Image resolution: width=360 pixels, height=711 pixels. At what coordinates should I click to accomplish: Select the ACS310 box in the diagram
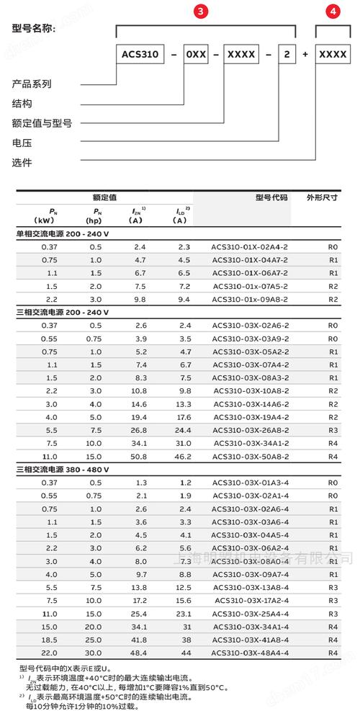click(x=139, y=54)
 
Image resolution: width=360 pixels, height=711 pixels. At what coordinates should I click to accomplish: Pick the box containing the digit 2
click(x=287, y=54)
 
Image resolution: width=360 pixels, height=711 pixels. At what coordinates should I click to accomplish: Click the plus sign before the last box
click(x=305, y=54)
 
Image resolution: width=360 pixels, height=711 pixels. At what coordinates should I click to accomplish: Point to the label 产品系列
click(x=32, y=84)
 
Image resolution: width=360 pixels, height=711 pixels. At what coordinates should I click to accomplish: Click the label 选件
click(x=22, y=162)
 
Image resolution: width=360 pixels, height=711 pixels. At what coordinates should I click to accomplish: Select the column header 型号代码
click(x=271, y=197)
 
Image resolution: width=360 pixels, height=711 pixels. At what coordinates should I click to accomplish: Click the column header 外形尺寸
click(x=322, y=197)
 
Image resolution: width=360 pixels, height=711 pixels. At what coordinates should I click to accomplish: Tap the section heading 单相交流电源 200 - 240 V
click(x=63, y=234)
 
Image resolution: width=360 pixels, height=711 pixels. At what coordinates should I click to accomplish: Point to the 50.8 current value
click(x=140, y=455)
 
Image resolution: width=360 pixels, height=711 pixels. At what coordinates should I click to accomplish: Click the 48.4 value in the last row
click(x=140, y=651)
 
